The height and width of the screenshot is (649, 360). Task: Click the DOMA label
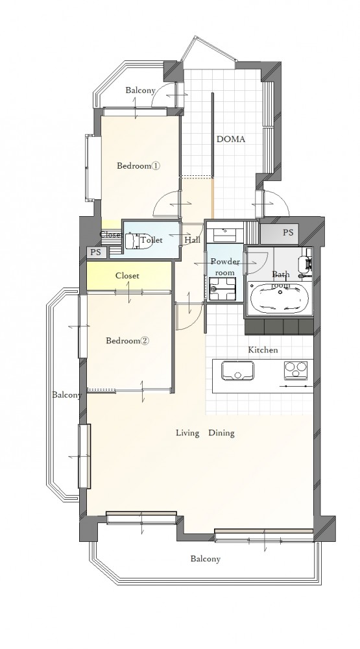(x=231, y=140)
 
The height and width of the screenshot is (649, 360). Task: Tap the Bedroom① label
(x=138, y=166)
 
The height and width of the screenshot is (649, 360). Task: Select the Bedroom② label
(x=127, y=341)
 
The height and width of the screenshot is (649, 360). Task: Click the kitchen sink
(x=237, y=370)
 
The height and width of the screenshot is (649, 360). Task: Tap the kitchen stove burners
(x=296, y=370)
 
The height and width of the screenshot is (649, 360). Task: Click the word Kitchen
(x=263, y=350)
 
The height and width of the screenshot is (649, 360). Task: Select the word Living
(x=188, y=434)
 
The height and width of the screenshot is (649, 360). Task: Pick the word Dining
(x=221, y=434)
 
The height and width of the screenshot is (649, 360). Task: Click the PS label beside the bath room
(x=289, y=232)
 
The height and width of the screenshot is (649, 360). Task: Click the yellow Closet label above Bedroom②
(x=127, y=276)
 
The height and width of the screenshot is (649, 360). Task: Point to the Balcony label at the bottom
(x=205, y=559)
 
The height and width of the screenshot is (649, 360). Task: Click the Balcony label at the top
(x=140, y=90)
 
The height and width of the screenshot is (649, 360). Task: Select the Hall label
(x=193, y=240)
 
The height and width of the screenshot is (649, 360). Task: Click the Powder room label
(x=225, y=267)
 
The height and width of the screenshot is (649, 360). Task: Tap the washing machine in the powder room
(x=222, y=289)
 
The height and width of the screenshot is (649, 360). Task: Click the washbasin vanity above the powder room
(x=225, y=232)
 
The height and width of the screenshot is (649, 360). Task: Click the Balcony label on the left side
(x=67, y=395)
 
